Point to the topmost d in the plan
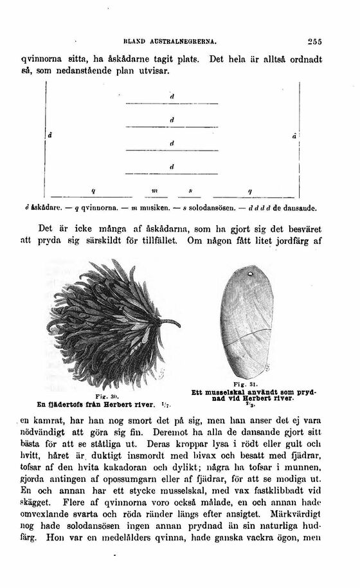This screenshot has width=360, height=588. click(x=172, y=96)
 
